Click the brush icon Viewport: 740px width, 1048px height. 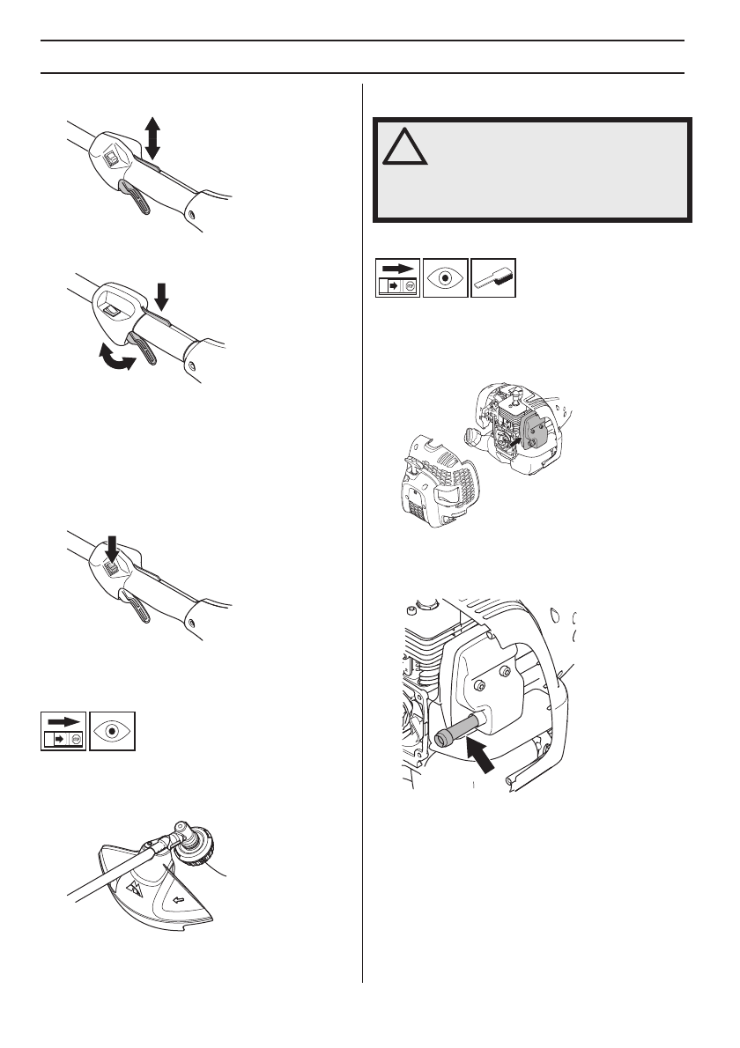click(493, 277)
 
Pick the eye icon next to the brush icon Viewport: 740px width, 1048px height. click(445, 277)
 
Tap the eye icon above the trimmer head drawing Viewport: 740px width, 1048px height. click(112, 730)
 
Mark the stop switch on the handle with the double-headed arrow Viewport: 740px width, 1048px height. click(111, 159)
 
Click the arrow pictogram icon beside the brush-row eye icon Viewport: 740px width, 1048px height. click(397, 277)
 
